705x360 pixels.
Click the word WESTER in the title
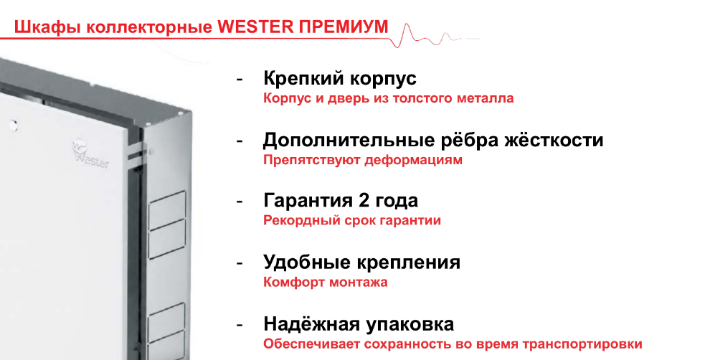[255, 27]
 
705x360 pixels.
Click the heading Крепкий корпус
[340, 79]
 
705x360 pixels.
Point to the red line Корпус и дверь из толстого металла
[389, 98]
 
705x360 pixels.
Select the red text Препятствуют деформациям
[363, 160]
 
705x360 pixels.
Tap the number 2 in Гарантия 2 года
[364, 201]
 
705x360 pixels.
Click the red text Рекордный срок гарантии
[352, 221]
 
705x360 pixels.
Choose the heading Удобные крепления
[362, 262]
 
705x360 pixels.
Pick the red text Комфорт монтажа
[326, 283]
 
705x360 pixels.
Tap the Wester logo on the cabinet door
[90, 153]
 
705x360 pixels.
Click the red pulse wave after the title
[435, 36]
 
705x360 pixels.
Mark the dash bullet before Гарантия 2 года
[240, 202]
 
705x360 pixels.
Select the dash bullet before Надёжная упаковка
[240, 325]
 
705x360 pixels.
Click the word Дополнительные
[341, 141]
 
